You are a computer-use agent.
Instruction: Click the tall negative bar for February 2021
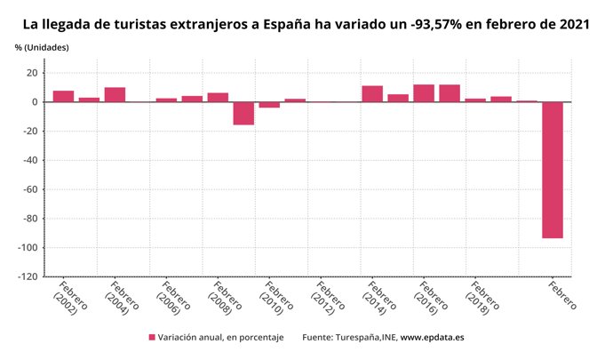pyautogui.click(x=553, y=170)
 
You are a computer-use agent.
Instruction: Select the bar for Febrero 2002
pyautogui.click(x=63, y=96)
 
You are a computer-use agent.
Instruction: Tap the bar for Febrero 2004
pyautogui.click(x=115, y=94)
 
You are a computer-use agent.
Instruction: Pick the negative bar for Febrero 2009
pyautogui.click(x=243, y=113)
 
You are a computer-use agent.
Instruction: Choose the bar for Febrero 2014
pyautogui.click(x=372, y=93)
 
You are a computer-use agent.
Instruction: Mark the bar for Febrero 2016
pyautogui.click(x=424, y=92)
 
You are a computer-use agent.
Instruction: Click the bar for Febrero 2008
pyautogui.click(x=218, y=97)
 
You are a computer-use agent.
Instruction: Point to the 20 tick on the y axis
pyautogui.click(x=31, y=73)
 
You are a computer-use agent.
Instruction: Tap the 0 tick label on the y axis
pyautogui.click(x=34, y=102)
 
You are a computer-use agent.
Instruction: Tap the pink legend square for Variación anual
pyautogui.click(x=152, y=338)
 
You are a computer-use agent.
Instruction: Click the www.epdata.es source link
pyautogui.click(x=432, y=338)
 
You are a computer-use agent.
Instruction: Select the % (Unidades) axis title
pyautogui.click(x=42, y=46)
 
